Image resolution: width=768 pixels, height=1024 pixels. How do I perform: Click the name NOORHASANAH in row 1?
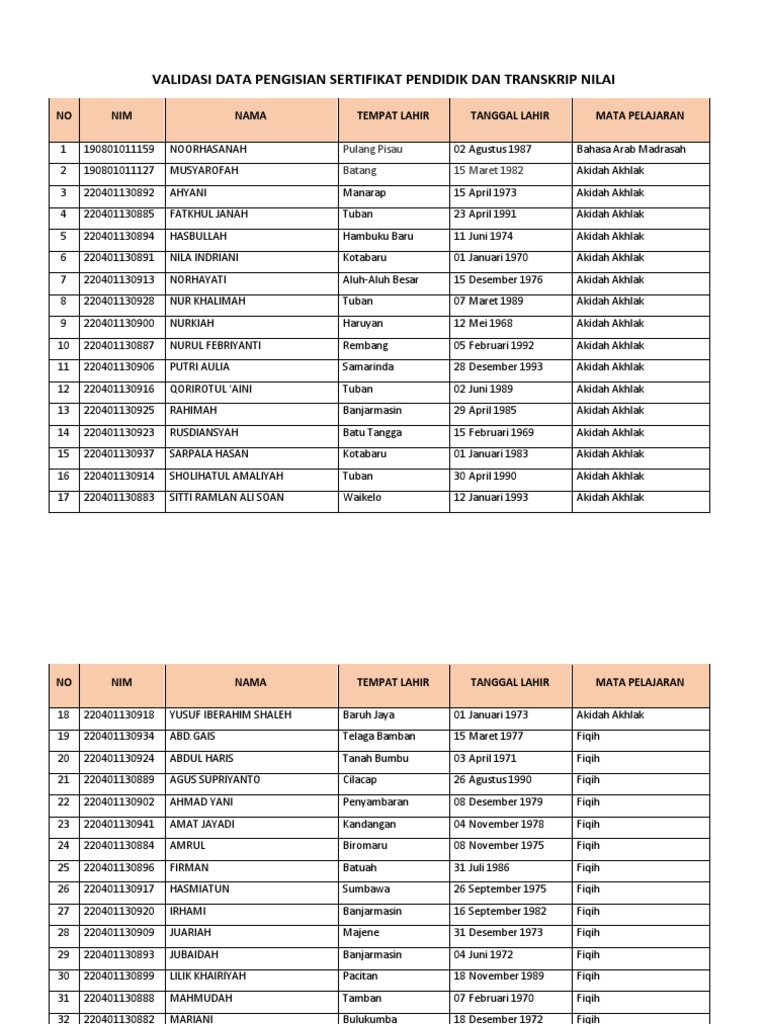(x=208, y=149)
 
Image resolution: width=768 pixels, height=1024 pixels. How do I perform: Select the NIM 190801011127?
(x=119, y=171)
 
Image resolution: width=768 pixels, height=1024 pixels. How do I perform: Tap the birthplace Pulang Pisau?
(x=372, y=149)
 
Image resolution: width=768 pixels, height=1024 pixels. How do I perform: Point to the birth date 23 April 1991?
(x=491, y=214)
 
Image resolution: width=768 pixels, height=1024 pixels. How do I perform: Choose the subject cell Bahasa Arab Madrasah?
(x=631, y=149)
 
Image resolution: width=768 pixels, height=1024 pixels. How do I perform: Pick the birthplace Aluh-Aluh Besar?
(x=380, y=280)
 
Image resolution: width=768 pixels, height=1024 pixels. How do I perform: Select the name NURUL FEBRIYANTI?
(x=215, y=345)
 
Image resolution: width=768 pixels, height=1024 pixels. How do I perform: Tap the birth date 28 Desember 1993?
(x=498, y=367)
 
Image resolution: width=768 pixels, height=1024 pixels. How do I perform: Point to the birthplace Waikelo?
(x=361, y=498)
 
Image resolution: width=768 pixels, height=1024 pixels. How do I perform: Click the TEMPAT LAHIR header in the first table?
(x=393, y=116)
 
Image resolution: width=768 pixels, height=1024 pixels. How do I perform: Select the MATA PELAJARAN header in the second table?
(x=640, y=682)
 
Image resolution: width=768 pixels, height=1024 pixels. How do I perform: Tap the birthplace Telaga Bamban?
(x=377, y=736)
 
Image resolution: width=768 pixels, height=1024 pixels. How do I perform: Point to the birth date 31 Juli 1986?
(x=484, y=867)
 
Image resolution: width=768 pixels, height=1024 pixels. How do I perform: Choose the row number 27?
(x=64, y=911)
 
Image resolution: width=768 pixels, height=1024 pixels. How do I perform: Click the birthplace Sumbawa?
(x=366, y=889)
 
